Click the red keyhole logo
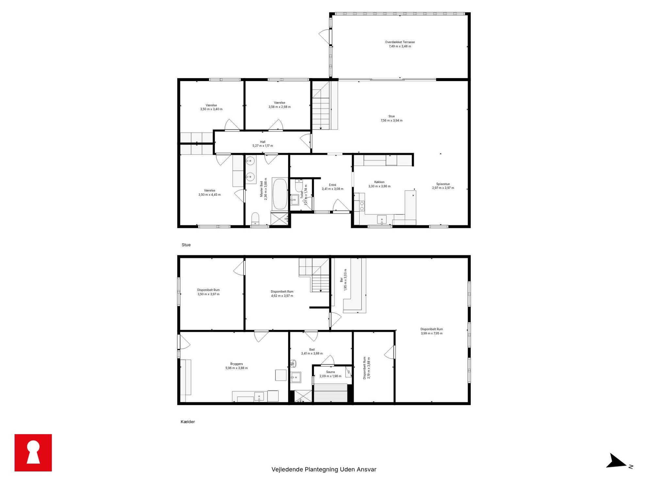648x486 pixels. coord(33,452)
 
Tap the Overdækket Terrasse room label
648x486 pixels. coord(400,42)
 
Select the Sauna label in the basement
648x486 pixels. coord(330,372)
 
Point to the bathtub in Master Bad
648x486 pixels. coord(280,194)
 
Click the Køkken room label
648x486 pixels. coord(379,182)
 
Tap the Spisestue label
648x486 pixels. coord(443,184)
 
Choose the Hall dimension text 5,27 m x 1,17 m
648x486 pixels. coord(263,146)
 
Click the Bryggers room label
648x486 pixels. coord(236,364)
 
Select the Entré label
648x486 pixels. coord(332,185)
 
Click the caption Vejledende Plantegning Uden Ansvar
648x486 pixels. coord(324,469)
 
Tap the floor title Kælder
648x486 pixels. coord(188,422)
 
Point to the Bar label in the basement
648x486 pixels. coord(341,280)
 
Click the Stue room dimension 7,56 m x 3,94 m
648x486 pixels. coord(391,121)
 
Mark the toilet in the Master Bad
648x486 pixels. coord(255,219)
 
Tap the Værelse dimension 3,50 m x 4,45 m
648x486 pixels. coord(209,195)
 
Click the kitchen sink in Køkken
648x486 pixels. coord(381,219)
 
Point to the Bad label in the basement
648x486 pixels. coord(312,349)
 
